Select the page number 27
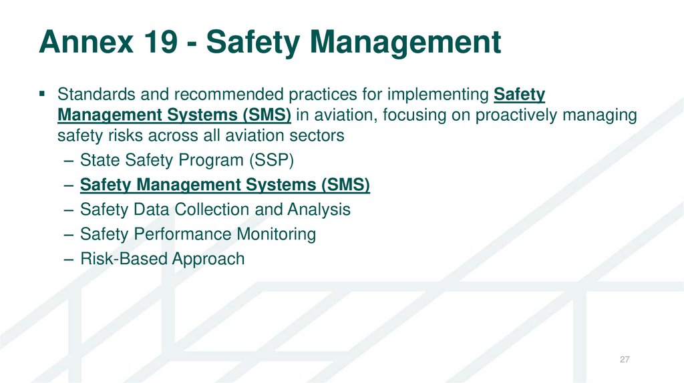pos(625,360)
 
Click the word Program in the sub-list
pos(201,160)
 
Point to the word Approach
pos(208,259)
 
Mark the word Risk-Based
pos(123,259)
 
